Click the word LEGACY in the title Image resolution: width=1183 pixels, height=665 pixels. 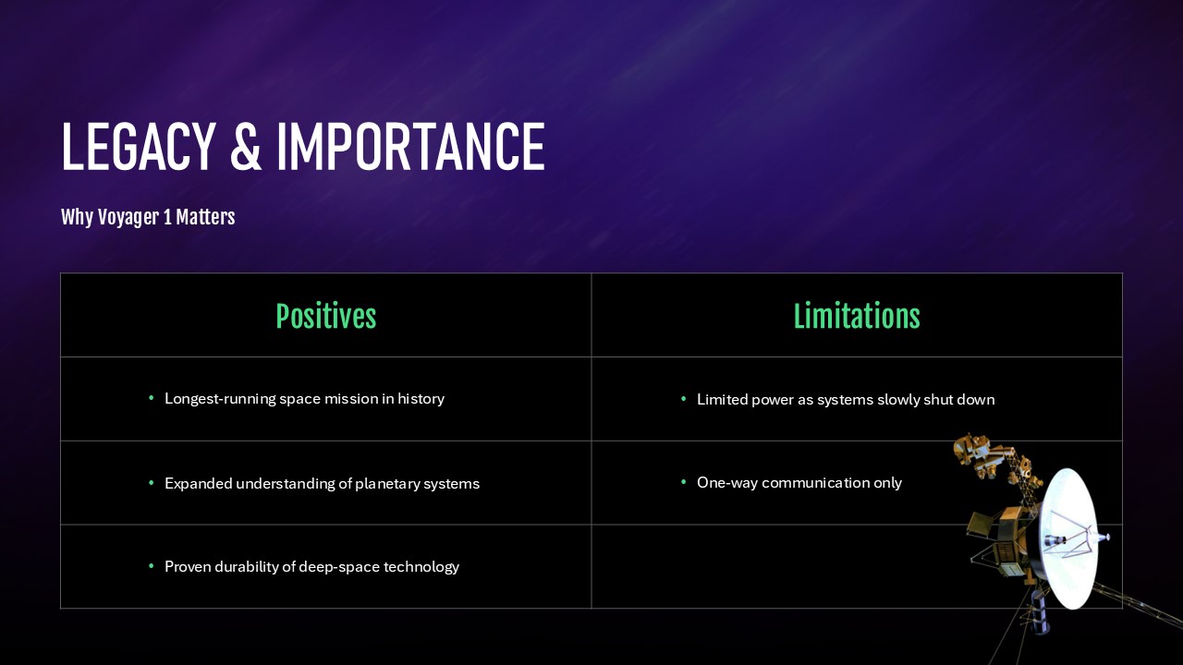pyautogui.click(x=139, y=147)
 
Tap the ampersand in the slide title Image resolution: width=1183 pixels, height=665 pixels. pyautogui.click(x=246, y=147)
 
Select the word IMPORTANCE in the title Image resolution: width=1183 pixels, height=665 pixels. pyautogui.click(x=410, y=147)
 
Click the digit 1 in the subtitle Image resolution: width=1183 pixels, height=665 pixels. pyautogui.click(x=167, y=217)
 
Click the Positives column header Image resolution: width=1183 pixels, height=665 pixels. pyautogui.click(x=326, y=316)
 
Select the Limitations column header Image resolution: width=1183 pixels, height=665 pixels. pyautogui.click(x=857, y=316)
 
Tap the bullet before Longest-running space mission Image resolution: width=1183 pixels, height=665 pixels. pyautogui.click(x=152, y=398)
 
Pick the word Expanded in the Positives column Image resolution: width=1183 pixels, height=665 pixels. pyautogui.click(x=198, y=484)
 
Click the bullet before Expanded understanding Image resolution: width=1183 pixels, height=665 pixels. pyautogui.click(x=152, y=482)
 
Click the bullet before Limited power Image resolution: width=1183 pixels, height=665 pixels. pyautogui.click(x=684, y=398)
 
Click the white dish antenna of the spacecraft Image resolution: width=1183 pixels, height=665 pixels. pyautogui.click(x=1067, y=538)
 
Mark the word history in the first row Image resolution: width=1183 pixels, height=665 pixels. pyautogui.click(x=421, y=399)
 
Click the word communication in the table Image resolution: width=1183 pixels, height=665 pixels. pyautogui.click(x=815, y=483)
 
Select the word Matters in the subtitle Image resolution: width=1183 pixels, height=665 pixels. pyautogui.click(x=205, y=217)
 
